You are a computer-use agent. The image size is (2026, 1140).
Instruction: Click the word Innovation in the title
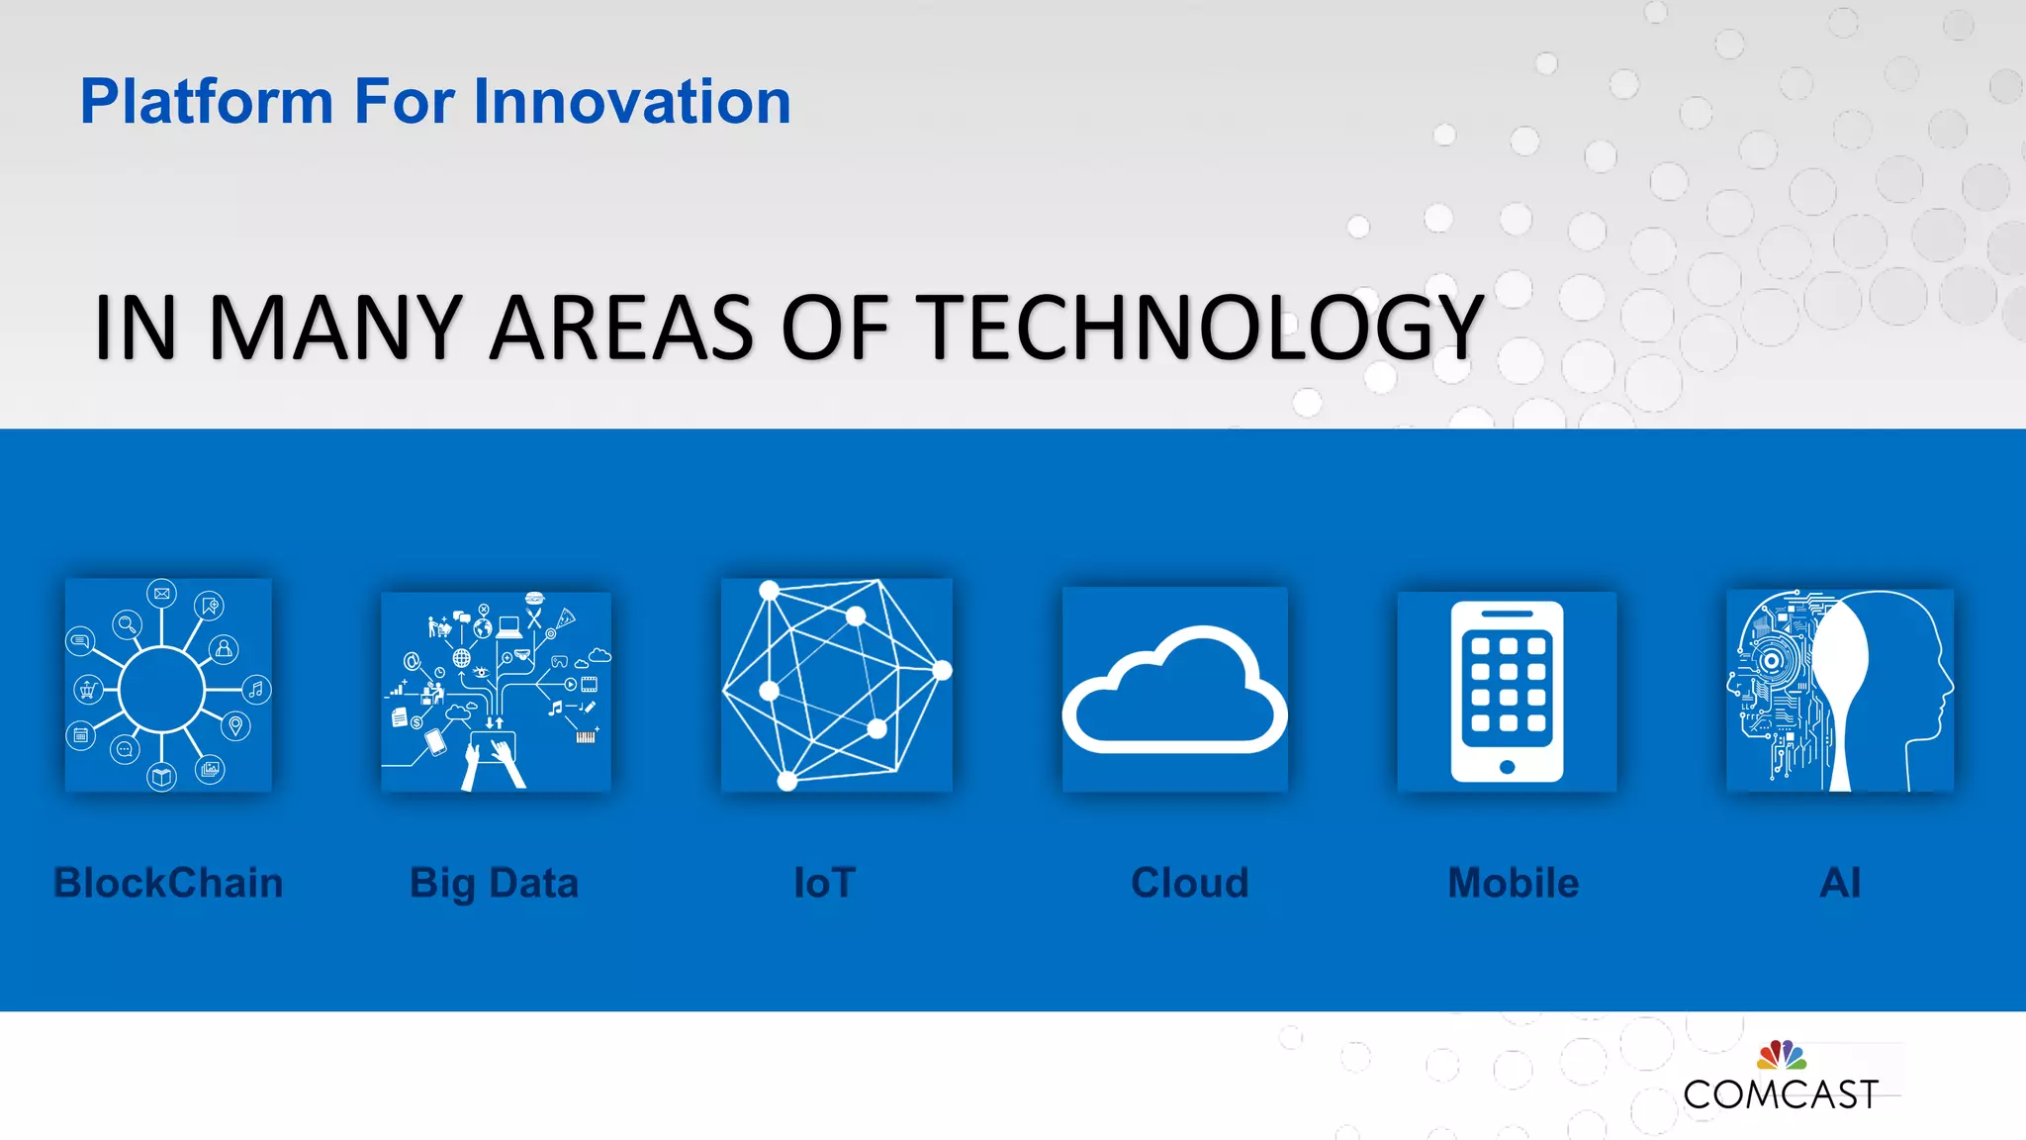click(632, 102)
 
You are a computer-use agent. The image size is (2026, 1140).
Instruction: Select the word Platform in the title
click(207, 102)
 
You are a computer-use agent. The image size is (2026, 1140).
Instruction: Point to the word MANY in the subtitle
click(335, 328)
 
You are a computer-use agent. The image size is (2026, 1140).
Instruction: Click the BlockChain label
click(168, 883)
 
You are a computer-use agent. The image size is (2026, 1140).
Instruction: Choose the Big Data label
click(494, 883)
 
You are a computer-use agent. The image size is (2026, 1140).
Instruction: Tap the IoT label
click(824, 883)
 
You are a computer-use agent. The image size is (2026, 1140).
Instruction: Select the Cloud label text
click(1189, 883)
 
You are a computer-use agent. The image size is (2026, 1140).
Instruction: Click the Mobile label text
click(1513, 883)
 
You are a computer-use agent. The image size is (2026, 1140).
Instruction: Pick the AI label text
click(1840, 883)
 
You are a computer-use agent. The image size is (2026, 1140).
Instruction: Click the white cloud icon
click(1175, 693)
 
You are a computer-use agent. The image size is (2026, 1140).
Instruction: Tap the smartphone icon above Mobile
click(1507, 691)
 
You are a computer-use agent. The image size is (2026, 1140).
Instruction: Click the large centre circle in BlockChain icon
click(161, 689)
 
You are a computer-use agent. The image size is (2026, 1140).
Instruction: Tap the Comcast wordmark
click(1780, 1094)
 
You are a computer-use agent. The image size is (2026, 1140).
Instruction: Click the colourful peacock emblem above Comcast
click(1781, 1055)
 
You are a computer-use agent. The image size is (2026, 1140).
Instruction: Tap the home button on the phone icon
click(1507, 767)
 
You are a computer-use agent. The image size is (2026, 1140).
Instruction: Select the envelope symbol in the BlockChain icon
click(161, 594)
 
